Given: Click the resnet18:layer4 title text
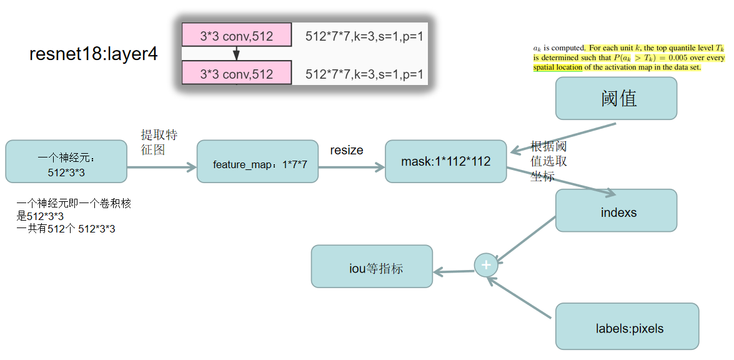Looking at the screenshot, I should (93, 54).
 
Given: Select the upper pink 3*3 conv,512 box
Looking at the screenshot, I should (236, 36).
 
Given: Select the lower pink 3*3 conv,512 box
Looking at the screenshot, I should (236, 74).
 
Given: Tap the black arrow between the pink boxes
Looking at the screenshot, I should (236, 54).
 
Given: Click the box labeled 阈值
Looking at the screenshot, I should (616, 98).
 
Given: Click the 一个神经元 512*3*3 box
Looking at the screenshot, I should (66, 161).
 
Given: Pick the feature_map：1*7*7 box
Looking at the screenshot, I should (257, 161).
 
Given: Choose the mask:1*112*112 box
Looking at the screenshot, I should (445, 161).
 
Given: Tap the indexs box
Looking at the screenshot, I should (616, 211).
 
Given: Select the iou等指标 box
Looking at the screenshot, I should (372, 266).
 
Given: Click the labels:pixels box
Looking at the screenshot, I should (627, 326).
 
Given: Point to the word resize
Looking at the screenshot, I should (346, 150).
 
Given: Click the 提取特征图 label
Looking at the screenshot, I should (159, 142).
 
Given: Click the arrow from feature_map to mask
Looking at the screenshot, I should (351, 167).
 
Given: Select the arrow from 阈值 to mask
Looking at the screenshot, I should (562, 137).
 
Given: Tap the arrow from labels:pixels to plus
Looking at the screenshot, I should (520, 299).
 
